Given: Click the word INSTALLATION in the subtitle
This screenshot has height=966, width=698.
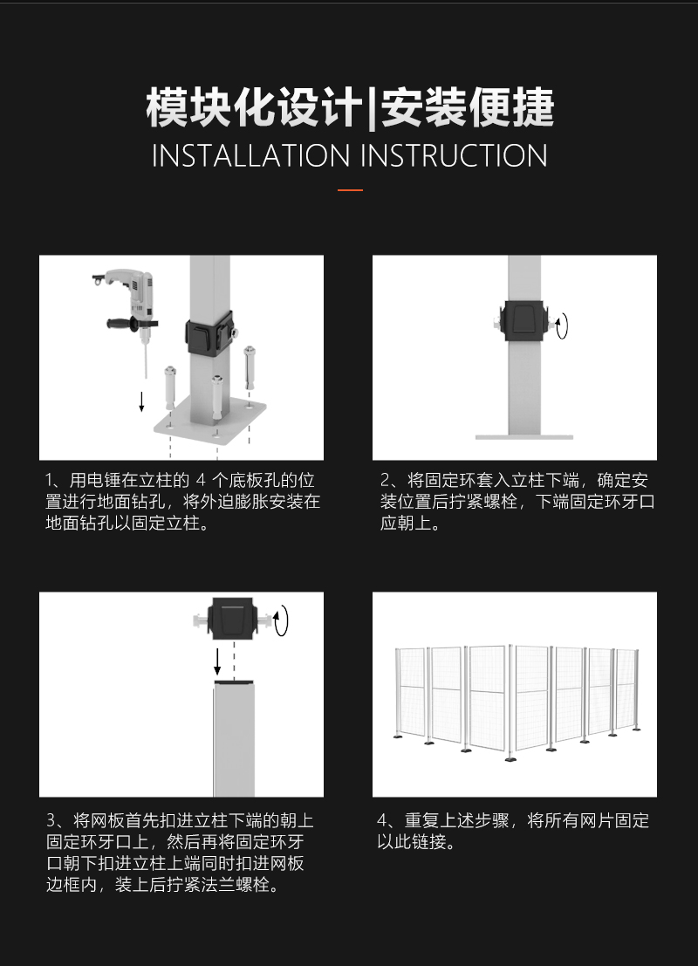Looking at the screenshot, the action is tap(250, 155).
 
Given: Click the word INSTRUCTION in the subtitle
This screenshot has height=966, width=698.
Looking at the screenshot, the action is tap(454, 155).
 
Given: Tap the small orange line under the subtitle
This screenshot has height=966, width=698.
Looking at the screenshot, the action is tap(350, 190).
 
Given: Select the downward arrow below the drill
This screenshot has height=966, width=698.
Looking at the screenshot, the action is tap(141, 401).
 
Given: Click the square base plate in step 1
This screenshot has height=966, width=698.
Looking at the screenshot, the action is tap(210, 422).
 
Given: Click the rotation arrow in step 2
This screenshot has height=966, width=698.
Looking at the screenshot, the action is tap(561, 325).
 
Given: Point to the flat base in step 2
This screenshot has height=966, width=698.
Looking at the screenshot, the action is tap(523, 437).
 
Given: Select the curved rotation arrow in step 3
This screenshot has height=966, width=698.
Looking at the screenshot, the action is tap(281, 620).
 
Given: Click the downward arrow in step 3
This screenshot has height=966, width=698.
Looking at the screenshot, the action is tap(217, 662).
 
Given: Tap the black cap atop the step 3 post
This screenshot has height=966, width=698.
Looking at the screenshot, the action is tap(234, 682).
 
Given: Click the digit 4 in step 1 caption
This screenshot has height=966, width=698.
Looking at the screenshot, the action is tap(201, 480).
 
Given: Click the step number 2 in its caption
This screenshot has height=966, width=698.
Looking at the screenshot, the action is tap(386, 480).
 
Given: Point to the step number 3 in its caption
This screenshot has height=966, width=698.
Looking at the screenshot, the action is tap(51, 820).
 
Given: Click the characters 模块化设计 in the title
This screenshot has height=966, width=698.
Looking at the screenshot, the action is tap(255, 108).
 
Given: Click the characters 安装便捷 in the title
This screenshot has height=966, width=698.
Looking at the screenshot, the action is tap(468, 108).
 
